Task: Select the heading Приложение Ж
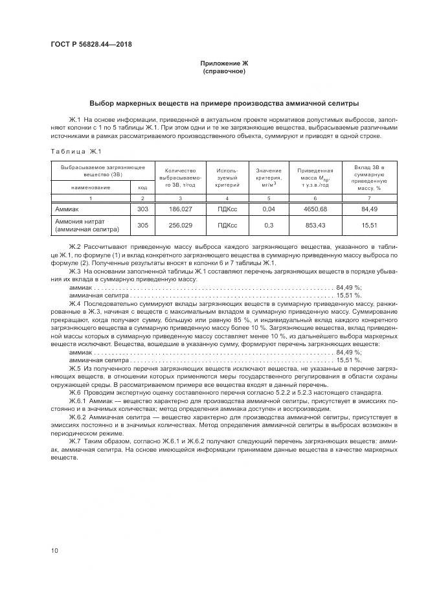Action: point(224,63)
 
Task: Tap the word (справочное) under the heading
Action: point(224,71)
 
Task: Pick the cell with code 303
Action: point(143,209)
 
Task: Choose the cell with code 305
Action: point(143,225)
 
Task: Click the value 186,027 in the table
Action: point(181,209)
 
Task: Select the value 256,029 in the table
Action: point(181,225)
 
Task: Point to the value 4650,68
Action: point(315,209)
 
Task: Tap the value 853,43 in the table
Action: point(315,225)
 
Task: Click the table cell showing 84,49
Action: point(369,209)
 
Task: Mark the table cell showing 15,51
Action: point(369,225)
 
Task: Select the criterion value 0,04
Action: point(269,209)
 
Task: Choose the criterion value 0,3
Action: point(269,225)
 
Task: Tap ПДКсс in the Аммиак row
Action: point(227,209)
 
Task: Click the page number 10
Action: point(54,550)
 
